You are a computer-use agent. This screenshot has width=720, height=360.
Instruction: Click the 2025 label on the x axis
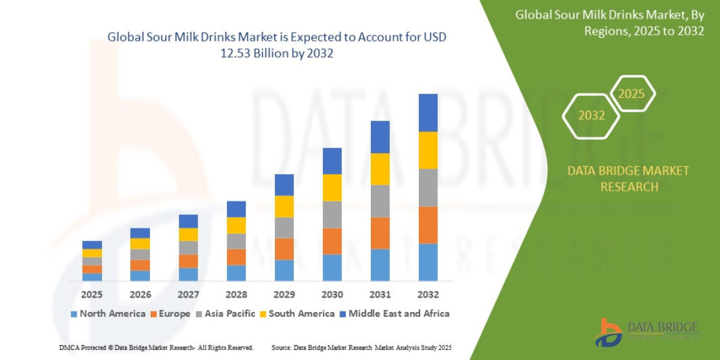(92, 295)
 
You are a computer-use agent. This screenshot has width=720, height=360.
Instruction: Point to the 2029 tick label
(284, 295)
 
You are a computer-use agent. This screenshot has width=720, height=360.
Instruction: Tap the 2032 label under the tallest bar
(428, 295)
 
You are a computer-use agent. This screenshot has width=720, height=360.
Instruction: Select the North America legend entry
(108, 313)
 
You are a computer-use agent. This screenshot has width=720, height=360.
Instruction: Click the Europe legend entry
(170, 313)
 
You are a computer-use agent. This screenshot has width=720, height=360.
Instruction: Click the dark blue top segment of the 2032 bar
(428, 112)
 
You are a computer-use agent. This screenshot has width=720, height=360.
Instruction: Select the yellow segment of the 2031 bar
(380, 169)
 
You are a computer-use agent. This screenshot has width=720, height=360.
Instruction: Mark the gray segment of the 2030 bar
(332, 214)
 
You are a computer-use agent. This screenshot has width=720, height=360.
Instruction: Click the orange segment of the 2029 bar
(284, 248)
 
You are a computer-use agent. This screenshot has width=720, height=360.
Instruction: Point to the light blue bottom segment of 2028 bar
(236, 272)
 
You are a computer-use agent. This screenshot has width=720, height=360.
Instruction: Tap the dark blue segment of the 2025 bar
(92, 244)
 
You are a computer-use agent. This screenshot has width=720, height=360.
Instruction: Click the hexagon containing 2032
(591, 116)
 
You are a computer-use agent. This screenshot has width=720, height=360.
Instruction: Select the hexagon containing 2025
(631, 94)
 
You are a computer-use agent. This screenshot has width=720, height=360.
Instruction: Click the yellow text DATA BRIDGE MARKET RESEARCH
(628, 179)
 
